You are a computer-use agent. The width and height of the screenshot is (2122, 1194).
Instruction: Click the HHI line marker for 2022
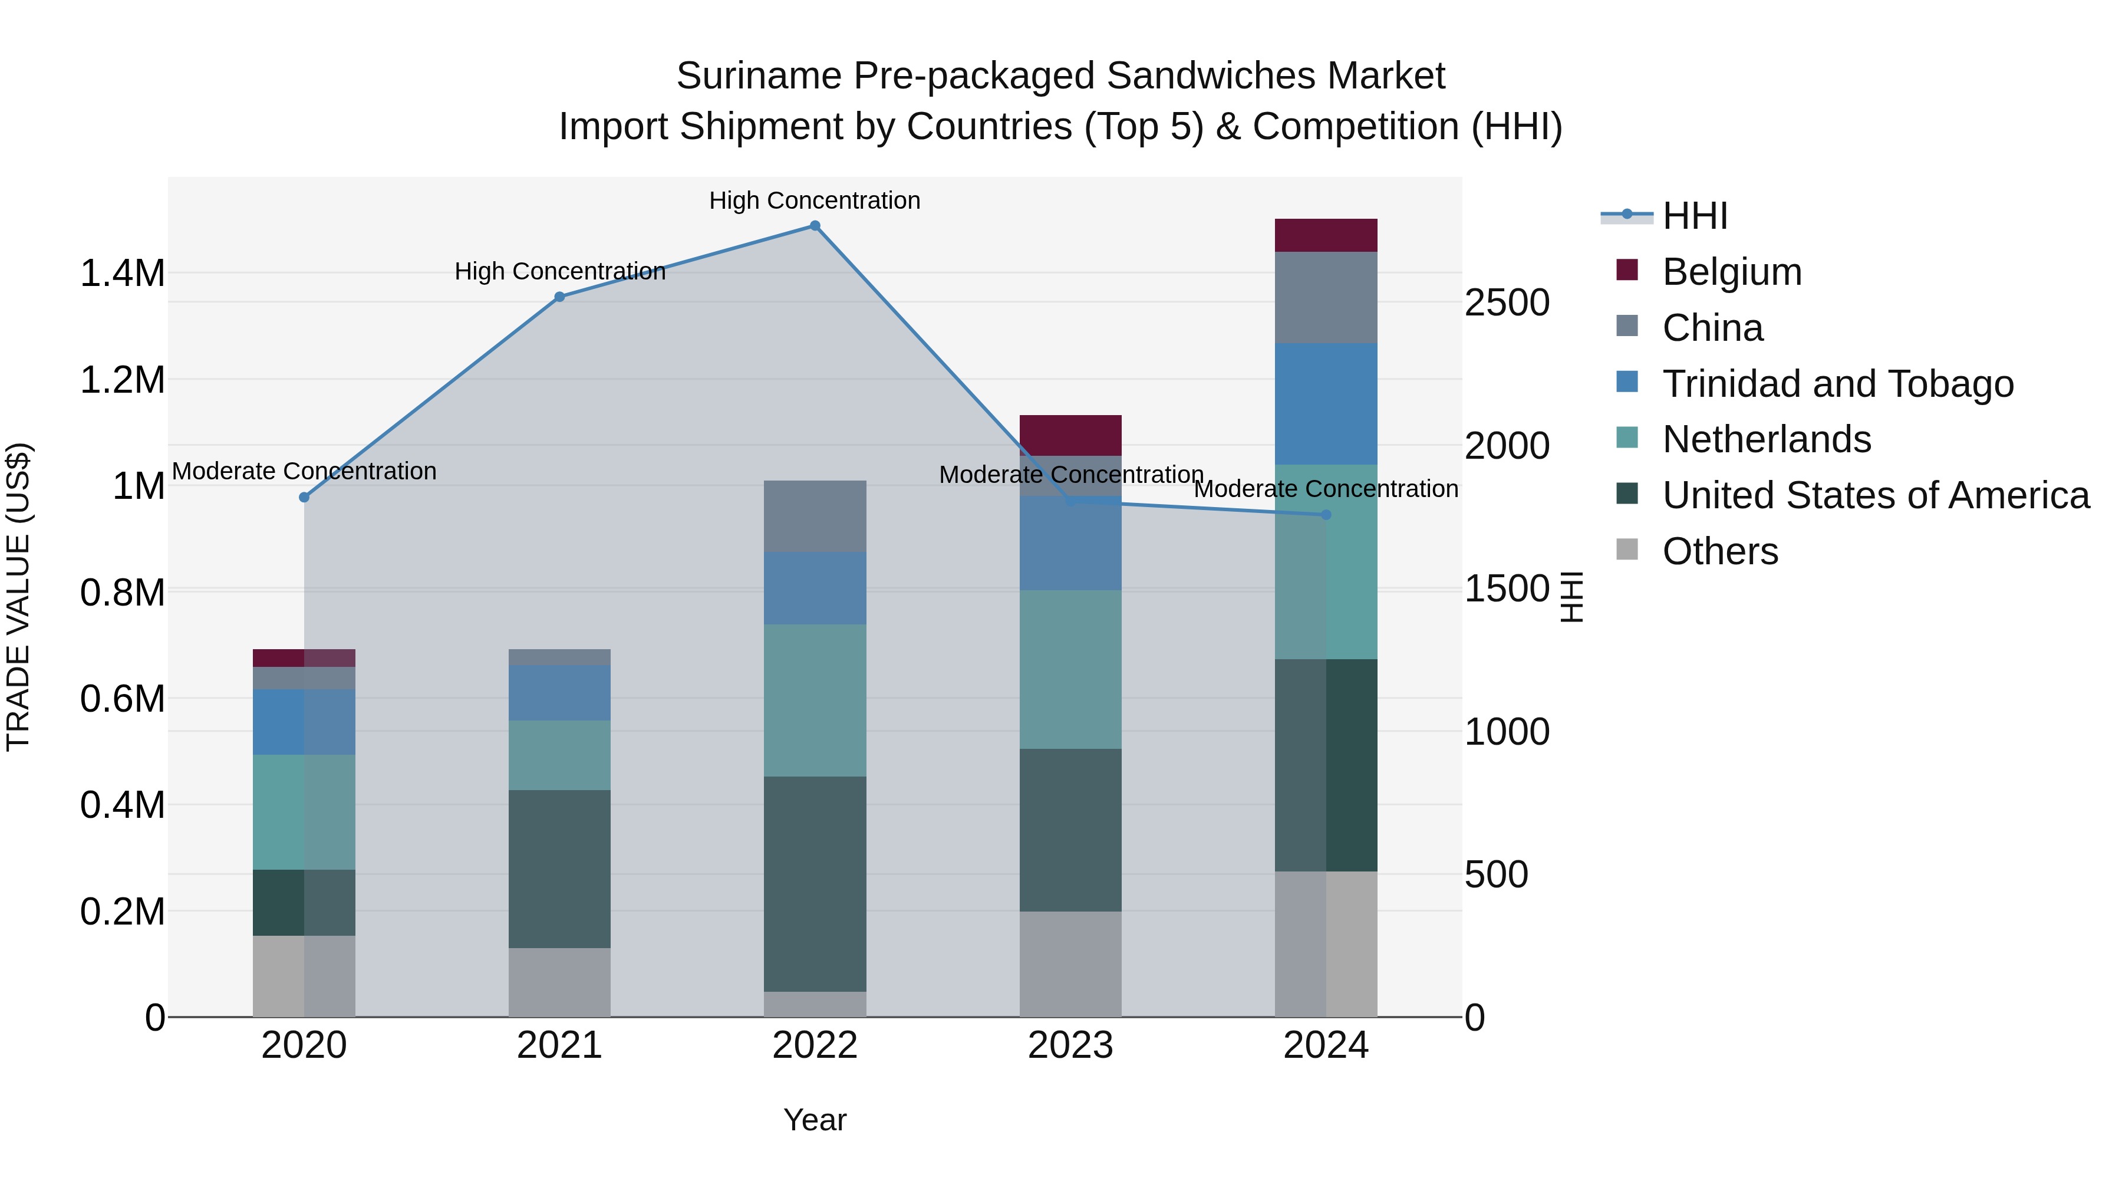pos(815,226)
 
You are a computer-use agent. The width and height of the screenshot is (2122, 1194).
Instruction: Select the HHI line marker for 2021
pos(559,297)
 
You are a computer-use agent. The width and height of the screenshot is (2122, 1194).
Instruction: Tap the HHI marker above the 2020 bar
pos(304,498)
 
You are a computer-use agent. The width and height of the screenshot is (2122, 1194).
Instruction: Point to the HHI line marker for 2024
pos(1326,515)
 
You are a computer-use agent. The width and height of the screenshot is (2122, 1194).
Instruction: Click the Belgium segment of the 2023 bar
pos(1070,435)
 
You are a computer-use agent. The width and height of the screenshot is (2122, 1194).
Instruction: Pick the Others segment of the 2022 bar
pos(815,1004)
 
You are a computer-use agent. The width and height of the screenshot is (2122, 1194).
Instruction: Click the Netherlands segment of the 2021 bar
pos(559,755)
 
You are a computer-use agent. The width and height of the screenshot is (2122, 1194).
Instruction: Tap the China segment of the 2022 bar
pos(815,516)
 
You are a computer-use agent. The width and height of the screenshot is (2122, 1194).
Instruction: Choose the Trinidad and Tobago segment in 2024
pos(1326,404)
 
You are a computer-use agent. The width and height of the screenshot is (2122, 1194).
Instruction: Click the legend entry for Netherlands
pos(1766,439)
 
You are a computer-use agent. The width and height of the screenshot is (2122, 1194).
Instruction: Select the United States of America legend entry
pos(1876,495)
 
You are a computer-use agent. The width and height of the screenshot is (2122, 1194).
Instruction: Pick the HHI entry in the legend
pos(1695,216)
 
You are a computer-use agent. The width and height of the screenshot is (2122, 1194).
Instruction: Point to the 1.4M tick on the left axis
pos(123,274)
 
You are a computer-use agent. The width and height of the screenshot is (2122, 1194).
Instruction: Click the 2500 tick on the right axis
pos(1507,302)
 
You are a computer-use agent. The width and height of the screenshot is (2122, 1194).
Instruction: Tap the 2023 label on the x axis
pos(1070,1045)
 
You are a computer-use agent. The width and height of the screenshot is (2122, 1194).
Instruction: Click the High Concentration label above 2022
pos(815,200)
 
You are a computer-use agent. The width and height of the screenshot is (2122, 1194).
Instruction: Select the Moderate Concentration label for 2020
pos(304,471)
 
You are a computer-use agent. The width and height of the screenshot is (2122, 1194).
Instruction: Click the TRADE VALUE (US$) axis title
pos(18,597)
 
